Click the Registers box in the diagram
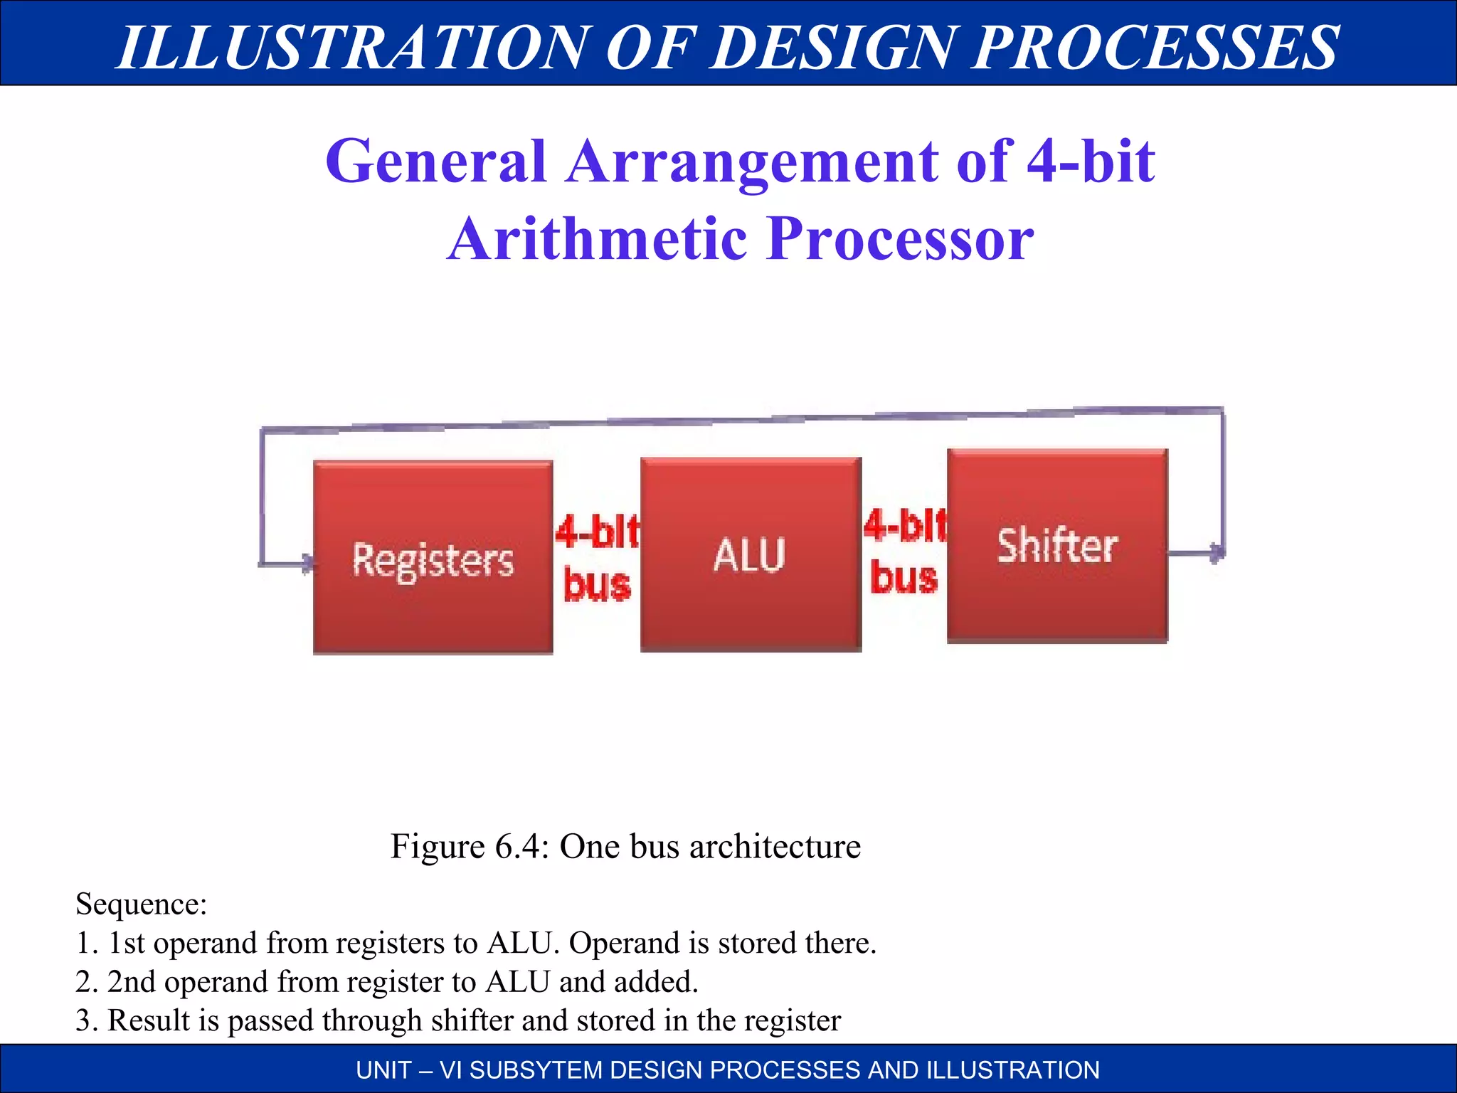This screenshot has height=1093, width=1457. [433, 557]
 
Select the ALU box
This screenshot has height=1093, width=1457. [751, 554]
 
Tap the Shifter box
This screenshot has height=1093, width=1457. [1057, 546]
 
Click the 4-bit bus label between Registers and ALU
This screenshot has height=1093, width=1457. [597, 558]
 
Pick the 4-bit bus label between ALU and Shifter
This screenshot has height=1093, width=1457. [905, 551]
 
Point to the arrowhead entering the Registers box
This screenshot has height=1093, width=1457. [307, 564]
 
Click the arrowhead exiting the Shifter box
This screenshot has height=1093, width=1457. [1217, 552]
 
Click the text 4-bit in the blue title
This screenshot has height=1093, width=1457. [1090, 162]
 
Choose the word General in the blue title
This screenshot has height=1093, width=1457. [435, 162]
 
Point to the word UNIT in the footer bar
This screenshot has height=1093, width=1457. [383, 1070]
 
